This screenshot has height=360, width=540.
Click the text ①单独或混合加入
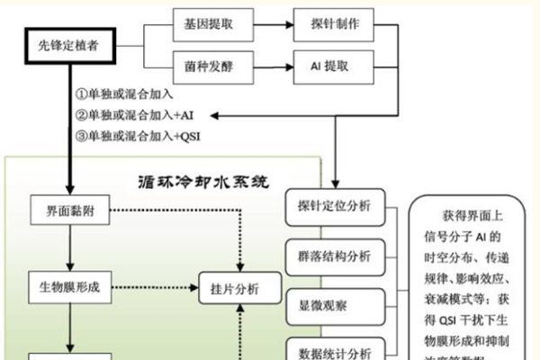(x=126, y=94)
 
